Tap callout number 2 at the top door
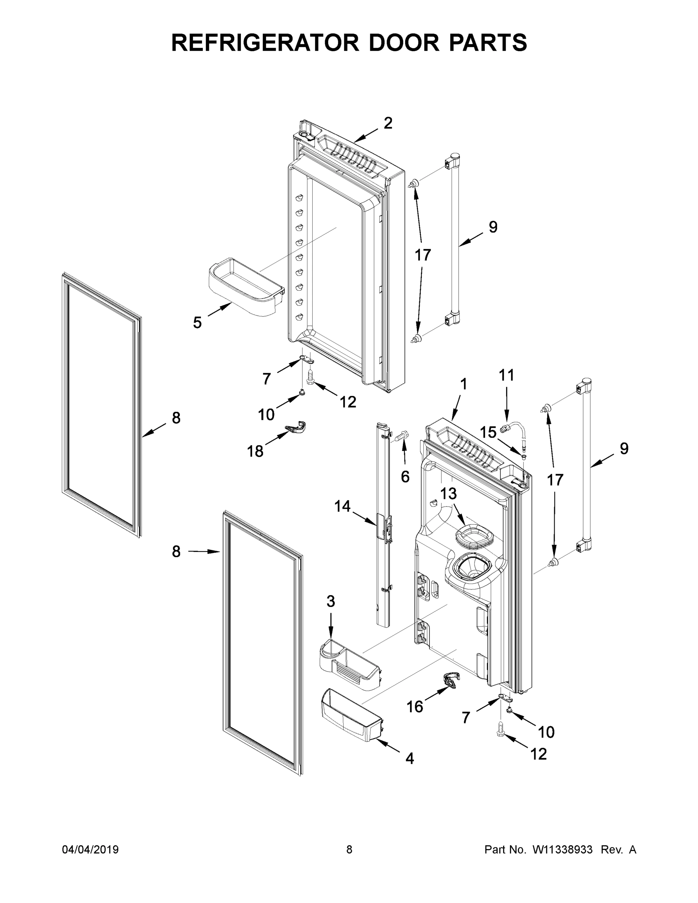click(388, 123)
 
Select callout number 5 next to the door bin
click(197, 322)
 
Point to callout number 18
click(255, 451)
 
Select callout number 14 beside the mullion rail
click(342, 506)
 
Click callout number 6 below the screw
click(405, 477)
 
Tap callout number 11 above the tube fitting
click(506, 375)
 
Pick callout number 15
click(488, 432)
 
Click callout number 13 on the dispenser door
click(448, 493)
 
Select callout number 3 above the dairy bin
click(330, 601)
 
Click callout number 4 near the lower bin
click(409, 758)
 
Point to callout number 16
click(415, 707)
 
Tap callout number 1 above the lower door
click(464, 384)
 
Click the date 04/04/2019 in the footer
click(90, 850)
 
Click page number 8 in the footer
click(349, 850)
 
